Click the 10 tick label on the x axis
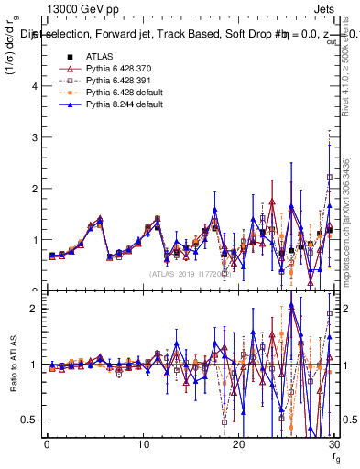143,444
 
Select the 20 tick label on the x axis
238,444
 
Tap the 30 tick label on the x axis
333,444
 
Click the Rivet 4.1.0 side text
349,82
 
